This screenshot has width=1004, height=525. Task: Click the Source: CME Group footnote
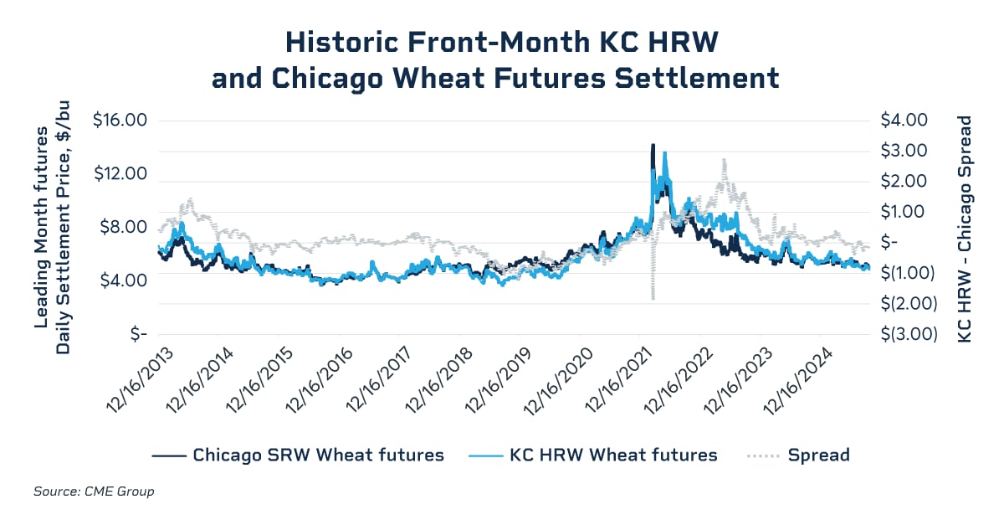coord(94,492)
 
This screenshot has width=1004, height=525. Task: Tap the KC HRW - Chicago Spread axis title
coord(964,227)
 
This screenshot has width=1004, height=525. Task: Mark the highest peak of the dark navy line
coord(653,146)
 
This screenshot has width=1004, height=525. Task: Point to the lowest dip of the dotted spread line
coord(652,298)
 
